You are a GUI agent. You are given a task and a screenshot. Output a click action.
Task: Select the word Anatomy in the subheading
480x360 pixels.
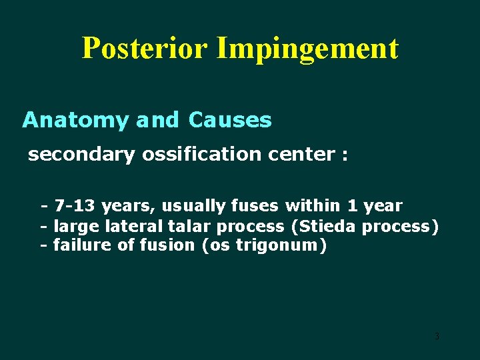point(75,121)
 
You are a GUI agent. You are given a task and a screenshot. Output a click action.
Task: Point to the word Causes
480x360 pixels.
point(230,120)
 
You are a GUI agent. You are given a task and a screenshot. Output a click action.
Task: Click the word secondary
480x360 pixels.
point(81,155)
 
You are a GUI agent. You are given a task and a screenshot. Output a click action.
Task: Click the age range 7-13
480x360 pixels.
point(75,205)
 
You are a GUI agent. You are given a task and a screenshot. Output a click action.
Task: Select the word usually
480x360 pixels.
point(196,206)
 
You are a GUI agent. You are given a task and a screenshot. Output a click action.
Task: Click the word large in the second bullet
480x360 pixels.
point(77,227)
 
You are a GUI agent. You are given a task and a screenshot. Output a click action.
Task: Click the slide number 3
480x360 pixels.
point(437,336)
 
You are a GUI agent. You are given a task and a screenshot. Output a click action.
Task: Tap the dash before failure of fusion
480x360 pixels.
point(44,245)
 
